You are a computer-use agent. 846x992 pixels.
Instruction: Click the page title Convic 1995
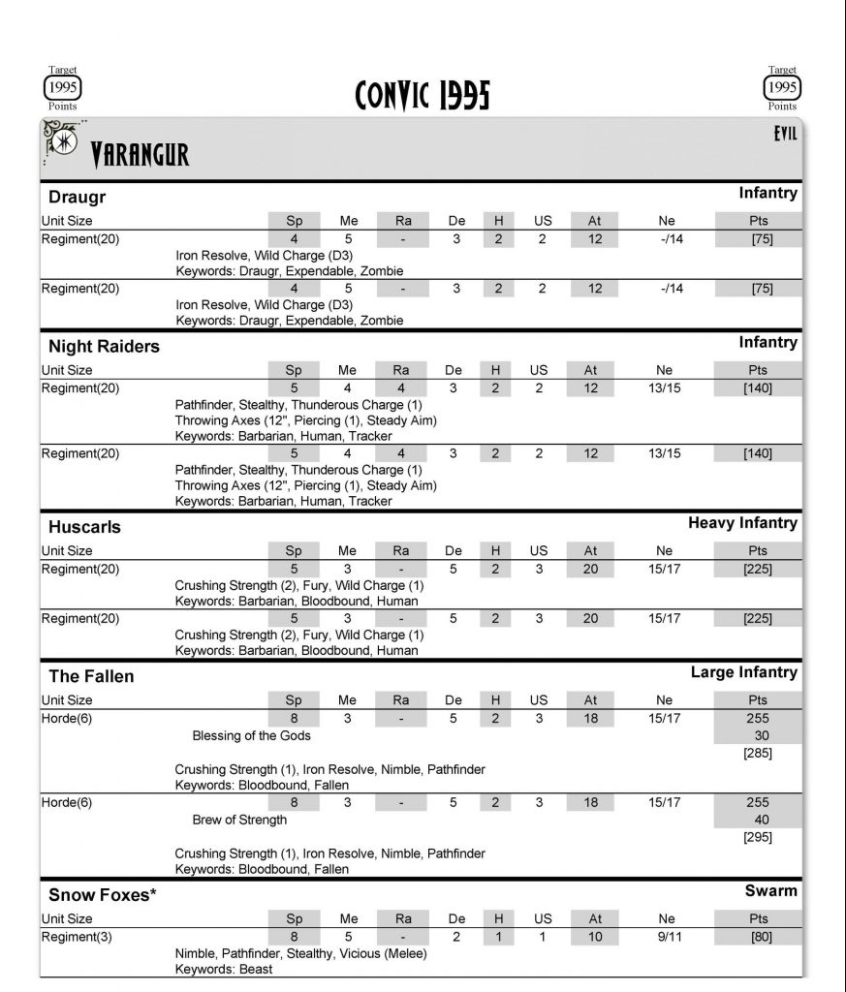click(423, 95)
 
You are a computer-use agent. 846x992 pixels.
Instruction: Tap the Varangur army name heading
click(140, 155)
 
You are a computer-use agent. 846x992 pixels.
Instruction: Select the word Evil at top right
click(785, 135)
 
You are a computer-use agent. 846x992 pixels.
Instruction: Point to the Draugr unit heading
click(78, 198)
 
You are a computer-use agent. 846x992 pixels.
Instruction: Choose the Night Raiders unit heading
click(104, 346)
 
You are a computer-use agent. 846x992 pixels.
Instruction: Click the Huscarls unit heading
click(84, 527)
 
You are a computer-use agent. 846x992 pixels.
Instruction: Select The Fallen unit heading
click(91, 676)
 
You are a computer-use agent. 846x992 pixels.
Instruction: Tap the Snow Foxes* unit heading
click(103, 895)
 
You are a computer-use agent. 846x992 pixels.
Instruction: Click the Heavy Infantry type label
click(742, 523)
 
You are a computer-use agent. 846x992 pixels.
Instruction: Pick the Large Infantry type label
click(743, 672)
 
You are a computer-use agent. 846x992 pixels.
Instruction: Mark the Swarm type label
click(770, 891)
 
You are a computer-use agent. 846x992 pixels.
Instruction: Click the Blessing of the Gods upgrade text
click(252, 736)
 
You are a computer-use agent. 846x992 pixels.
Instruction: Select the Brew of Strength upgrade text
click(239, 820)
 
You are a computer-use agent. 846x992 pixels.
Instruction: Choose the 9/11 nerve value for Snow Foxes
click(665, 937)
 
